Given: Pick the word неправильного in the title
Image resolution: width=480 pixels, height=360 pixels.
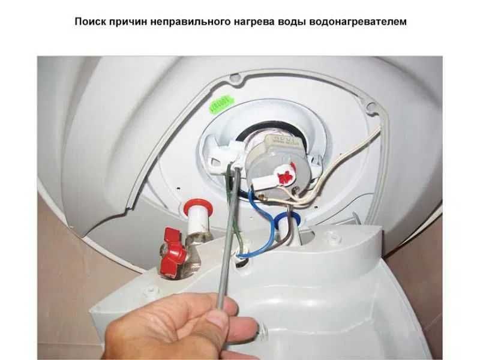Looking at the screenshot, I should (194, 22).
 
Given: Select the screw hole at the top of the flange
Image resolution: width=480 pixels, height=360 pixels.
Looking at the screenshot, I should (235, 78).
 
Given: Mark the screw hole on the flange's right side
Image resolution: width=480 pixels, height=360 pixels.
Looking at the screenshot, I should (371, 108).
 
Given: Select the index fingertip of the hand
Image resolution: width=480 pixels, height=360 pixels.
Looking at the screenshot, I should (252, 327).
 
